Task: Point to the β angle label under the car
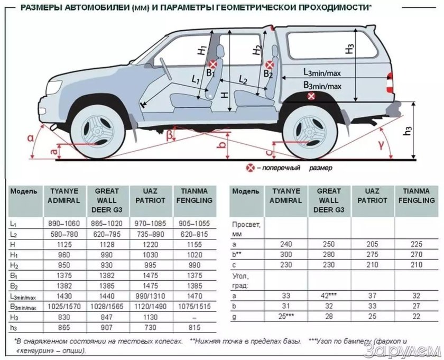coord(169,135)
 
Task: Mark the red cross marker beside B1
coord(211,63)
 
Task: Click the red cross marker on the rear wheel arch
coord(312,96)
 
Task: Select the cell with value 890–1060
coord(65,224)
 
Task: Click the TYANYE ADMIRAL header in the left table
coord(65,196)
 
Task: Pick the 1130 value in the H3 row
coord(153,316)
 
